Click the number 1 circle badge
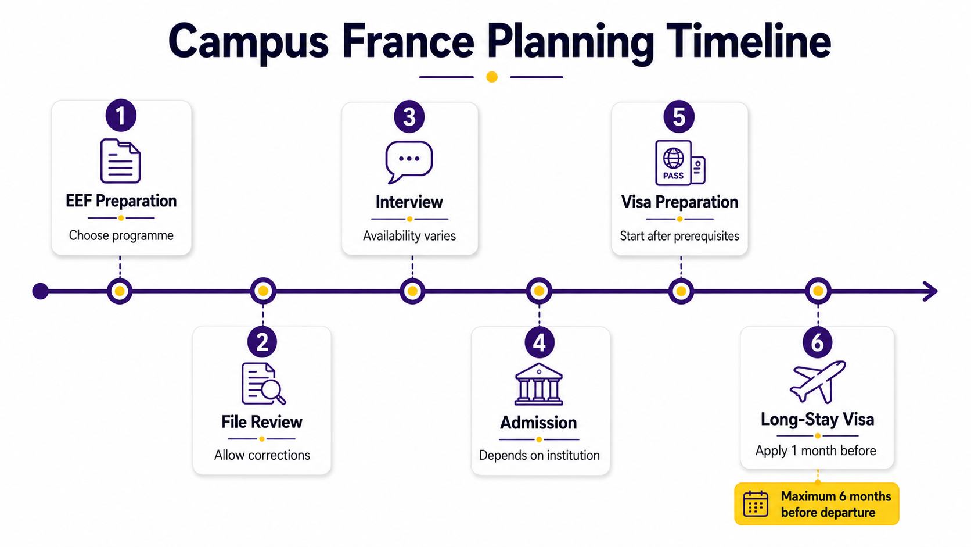[x=121, y=115]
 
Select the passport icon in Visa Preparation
[x=679, y=163]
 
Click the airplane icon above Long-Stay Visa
[x=818, y=382]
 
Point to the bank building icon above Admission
[x=539, y=384]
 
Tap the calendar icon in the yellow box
[x=756, y=504]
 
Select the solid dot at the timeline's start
[x=40, y=291]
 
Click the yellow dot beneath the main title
[x=491, y=77]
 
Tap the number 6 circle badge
[x=818, y=342]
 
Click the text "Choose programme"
[x=121, y=235]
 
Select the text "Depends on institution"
[x=540, y=455]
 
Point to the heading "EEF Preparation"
[x=121, y=201]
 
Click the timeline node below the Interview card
[x=412, y=291]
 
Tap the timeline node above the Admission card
[x=539, y=291]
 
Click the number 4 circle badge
[x=540, y=343]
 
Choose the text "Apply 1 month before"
[x=816, y=451]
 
